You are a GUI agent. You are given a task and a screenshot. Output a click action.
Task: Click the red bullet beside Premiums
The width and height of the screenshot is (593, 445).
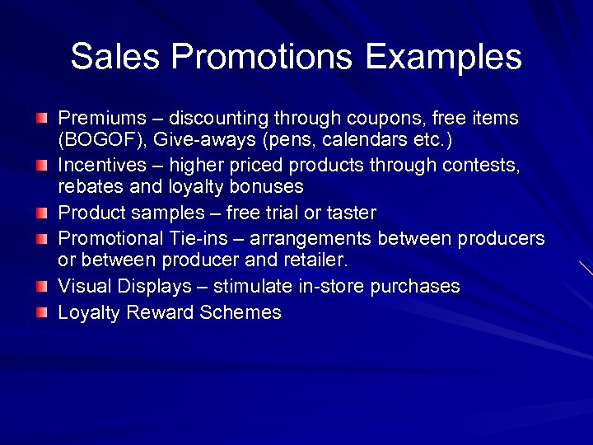pos(42,119)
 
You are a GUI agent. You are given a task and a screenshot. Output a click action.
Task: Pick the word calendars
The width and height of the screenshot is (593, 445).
pos(358,139)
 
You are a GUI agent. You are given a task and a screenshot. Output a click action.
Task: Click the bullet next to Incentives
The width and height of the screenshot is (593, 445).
pos(42,166)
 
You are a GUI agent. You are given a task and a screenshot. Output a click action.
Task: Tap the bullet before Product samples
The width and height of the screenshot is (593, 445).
pos(42,214)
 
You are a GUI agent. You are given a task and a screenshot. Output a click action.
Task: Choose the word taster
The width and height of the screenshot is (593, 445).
pos(351,213)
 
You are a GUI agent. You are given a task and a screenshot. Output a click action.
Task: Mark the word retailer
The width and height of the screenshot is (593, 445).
pos(314,260)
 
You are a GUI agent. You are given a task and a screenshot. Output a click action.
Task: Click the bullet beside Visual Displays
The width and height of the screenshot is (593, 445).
pos(42,287)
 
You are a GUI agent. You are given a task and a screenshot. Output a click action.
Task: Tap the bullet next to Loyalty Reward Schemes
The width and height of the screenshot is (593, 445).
pos(42,314)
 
